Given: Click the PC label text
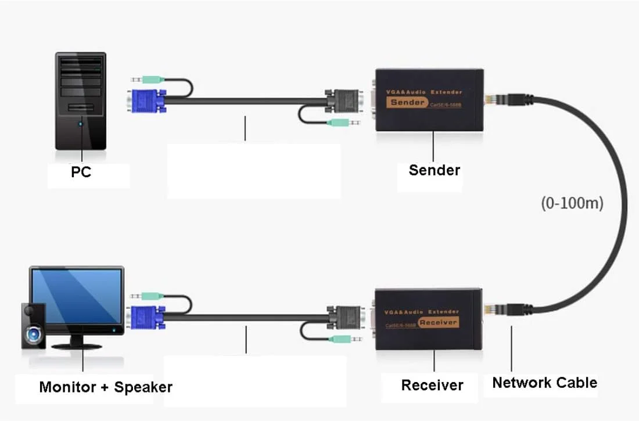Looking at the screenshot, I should coord(81,172).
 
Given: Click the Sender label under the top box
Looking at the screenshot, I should coord(434,170).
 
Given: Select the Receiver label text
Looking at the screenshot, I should coord(432,385).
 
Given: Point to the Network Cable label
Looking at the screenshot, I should coord(544,383).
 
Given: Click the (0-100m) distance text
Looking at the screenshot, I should coord(572,203).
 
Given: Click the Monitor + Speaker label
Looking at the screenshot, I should coord(106,387).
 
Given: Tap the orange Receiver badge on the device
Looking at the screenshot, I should coord(438,322).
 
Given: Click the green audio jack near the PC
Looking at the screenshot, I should coord(150,80).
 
